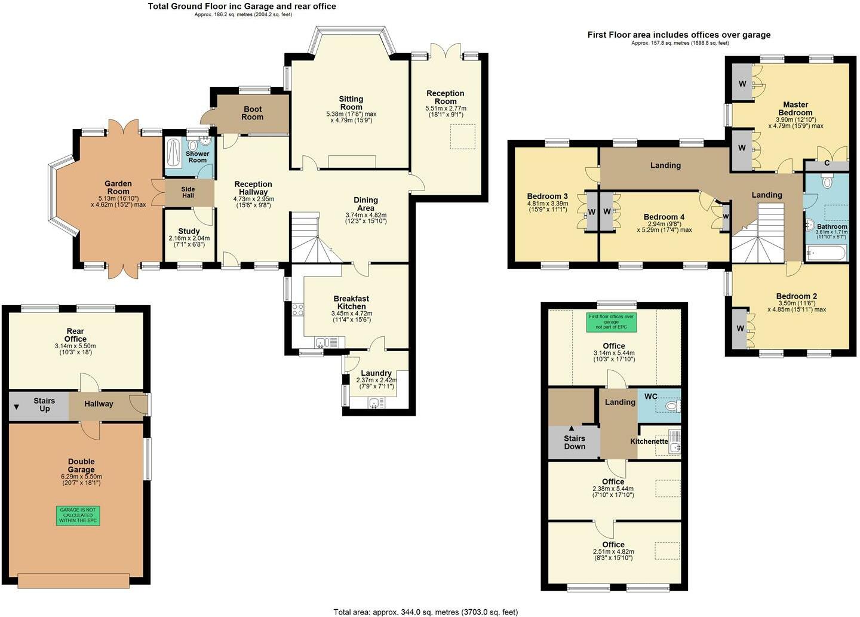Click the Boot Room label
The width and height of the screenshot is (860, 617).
point(252,113)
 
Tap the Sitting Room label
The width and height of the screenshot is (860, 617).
point(351,103)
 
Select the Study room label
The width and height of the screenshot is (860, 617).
point(189,231)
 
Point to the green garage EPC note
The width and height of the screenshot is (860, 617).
point(78,515)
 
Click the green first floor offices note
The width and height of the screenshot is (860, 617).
point(611,322)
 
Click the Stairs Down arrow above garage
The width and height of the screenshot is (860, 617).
point(572,428)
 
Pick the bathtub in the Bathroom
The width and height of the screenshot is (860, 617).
point(826,253)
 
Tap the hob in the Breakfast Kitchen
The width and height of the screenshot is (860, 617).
point(297,309)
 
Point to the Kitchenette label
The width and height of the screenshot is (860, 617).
point(649,441)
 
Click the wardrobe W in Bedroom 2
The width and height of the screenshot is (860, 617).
point(740,329)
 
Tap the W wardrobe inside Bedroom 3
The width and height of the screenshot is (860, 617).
point(592,211)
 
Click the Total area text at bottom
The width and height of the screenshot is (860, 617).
point(425,612)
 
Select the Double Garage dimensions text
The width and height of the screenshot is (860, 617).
point(81,480)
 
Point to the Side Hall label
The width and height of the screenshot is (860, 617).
point(188,192)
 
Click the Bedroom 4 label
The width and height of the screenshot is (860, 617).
point(664,217)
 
